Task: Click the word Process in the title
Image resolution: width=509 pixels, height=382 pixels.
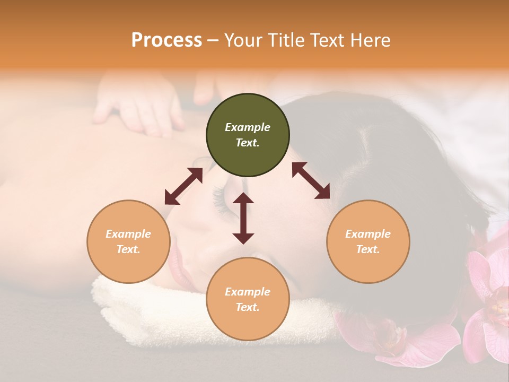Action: coord(166,40)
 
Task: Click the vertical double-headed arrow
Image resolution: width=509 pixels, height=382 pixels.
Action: coord(243,218)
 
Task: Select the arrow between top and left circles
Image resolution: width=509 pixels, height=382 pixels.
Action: coord(183,186)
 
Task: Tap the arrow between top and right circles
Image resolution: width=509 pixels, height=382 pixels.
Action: coord(311,180)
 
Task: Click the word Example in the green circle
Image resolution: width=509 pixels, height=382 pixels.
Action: coord(248,127)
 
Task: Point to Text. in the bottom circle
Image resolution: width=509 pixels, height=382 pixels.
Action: coord(248,307)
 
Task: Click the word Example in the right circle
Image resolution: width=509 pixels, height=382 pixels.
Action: coord(367,234)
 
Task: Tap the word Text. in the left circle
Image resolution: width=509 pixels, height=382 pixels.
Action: coord(128,249)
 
